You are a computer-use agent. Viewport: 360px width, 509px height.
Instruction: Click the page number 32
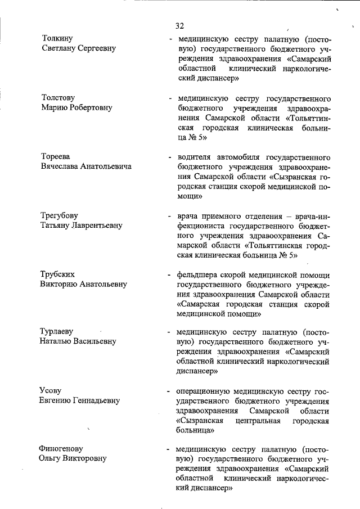point(180,26)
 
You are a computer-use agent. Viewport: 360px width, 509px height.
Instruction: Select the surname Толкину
point(57,38)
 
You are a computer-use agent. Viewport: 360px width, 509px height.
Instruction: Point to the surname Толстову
point(58,97)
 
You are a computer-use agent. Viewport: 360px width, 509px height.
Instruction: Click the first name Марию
point(55,107)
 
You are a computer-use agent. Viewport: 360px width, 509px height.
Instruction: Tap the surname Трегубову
point(59,215)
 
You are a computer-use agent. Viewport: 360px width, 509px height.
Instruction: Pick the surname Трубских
point(57,274)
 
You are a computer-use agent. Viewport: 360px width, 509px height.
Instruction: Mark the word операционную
point(204,390)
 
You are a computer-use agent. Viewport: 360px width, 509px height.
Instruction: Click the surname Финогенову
point(61,449)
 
